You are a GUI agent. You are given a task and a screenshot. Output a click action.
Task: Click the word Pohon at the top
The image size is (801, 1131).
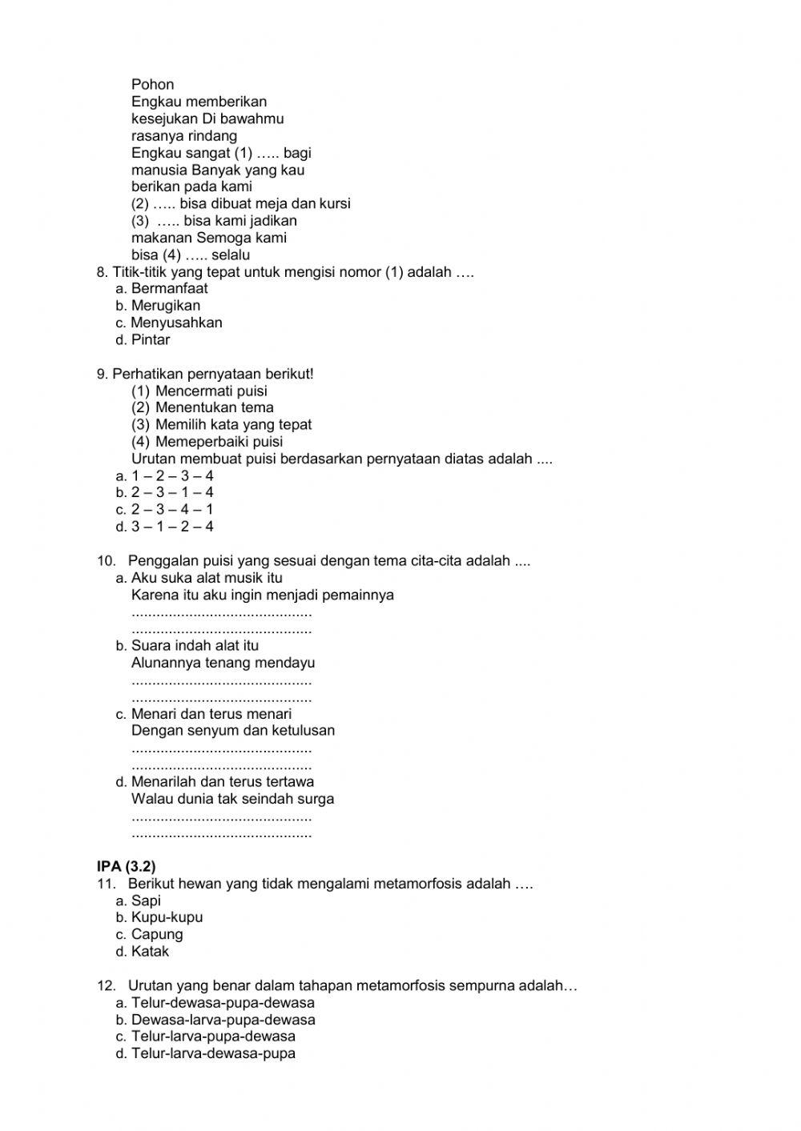coord(152,85)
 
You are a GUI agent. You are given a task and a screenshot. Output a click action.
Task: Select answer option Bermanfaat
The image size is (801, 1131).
coord(169,289)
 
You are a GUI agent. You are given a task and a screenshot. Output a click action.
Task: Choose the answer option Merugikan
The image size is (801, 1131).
coord(166,306)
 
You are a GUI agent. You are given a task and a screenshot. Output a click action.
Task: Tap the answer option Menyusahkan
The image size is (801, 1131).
coord(176,323)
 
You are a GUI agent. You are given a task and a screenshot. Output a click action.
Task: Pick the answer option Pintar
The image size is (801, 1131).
coord(151,339)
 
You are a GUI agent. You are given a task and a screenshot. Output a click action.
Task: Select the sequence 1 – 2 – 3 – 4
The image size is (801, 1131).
coord(172,476)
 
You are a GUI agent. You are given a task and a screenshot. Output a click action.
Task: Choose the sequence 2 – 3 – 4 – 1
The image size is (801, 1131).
coord(172,510)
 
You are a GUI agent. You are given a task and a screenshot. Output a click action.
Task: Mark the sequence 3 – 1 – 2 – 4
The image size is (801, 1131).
coord(172,527)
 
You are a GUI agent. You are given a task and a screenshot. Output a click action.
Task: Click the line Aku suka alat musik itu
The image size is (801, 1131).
coord(207,578)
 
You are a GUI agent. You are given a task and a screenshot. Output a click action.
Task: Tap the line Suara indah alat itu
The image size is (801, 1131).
coord(195,645)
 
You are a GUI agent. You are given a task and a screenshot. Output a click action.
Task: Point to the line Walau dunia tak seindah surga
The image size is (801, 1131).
coord(232,799)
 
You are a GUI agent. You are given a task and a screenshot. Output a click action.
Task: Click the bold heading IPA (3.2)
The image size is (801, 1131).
coord(126,866)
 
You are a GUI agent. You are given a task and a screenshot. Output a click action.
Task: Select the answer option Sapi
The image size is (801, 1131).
coord(146,900)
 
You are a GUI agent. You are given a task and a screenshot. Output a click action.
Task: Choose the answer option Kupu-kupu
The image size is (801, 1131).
coord(167,917)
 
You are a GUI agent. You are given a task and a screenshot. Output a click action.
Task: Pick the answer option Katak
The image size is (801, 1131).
coord(150,952)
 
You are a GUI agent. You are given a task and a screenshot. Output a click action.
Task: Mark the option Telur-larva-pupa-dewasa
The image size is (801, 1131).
coord(213,1037)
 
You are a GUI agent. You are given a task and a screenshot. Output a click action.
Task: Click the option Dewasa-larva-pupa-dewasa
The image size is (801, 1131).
coord(223,1020)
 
